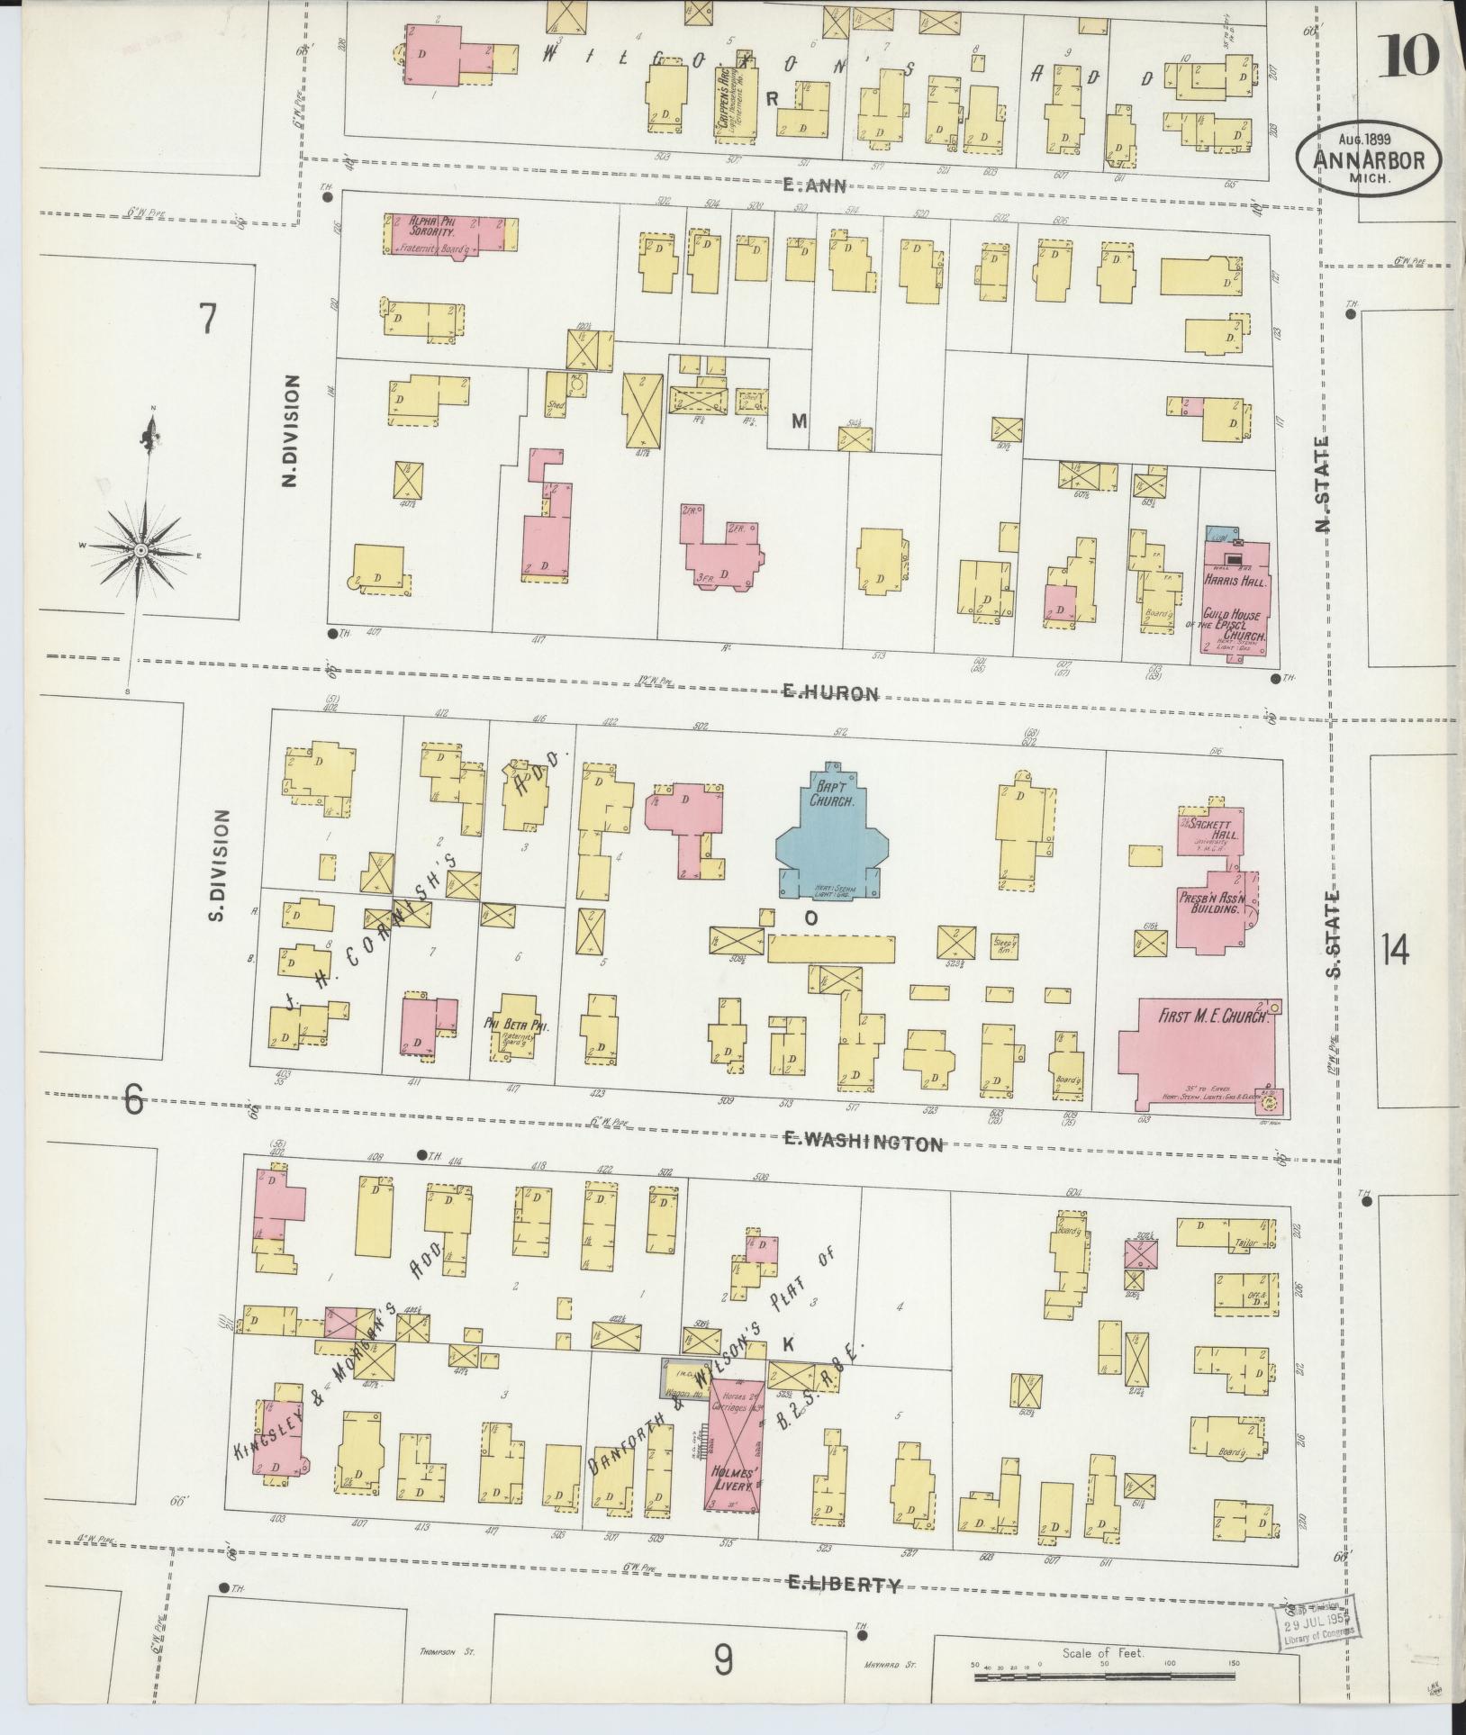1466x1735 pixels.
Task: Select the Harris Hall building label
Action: tap(1235, 582)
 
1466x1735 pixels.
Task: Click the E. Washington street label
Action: tap(863, 1143)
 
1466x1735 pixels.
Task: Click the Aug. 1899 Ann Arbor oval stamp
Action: tap(1368, 158)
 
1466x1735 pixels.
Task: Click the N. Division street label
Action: tap(289, 432)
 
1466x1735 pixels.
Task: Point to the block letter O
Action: tap(810, 918)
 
